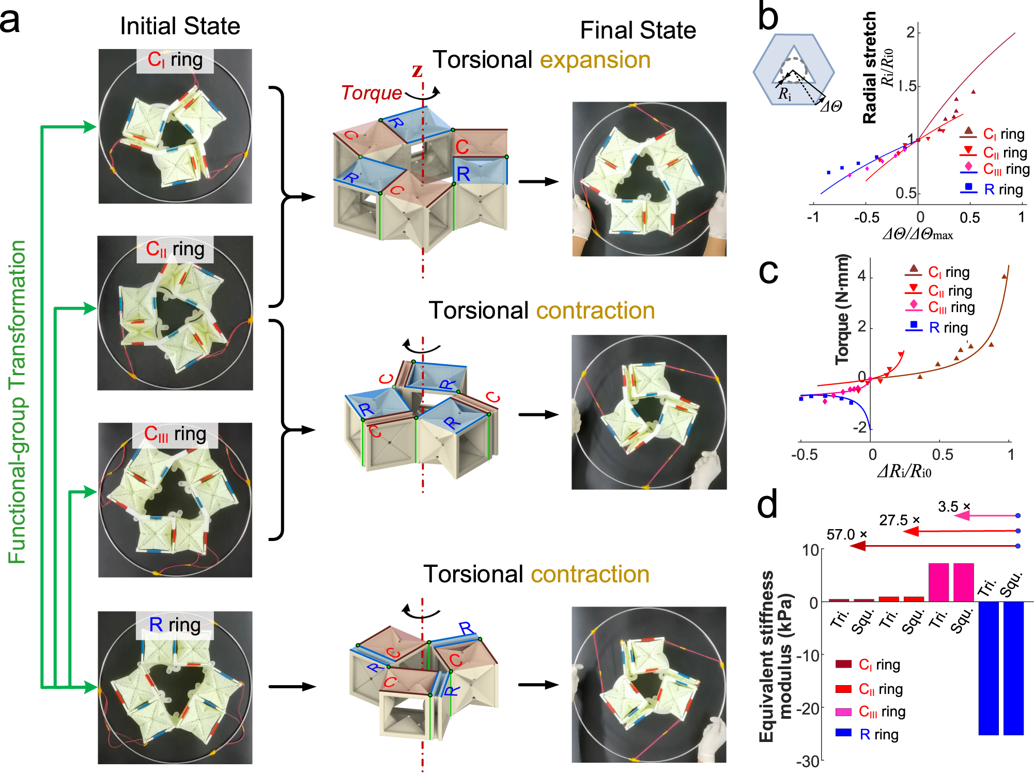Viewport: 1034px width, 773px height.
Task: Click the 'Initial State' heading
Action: coord(180,26)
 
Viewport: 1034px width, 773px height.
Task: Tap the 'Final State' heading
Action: coord(638,30)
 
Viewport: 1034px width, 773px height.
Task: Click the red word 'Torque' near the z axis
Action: coord(371,92)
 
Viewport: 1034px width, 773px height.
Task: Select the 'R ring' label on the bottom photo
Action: coord(175,625)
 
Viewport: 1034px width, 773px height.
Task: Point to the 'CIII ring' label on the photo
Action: coord(175,434)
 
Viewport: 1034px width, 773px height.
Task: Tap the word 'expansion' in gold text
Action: coord(595,60)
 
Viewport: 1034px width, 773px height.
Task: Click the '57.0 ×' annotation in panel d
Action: coord(846,534)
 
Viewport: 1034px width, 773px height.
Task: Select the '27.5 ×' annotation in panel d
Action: coord(899,520)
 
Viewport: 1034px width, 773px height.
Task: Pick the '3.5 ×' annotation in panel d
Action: coord(954,506)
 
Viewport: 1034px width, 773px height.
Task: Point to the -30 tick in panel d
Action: coord(807,761)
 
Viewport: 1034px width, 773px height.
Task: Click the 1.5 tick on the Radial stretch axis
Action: coord(906,86)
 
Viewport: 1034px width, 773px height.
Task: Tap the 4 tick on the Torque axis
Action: coord(861,276)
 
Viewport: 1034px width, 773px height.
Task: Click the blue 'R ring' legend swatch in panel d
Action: coord(843,733)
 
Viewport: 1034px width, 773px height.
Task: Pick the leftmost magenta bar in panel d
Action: coord(938,582)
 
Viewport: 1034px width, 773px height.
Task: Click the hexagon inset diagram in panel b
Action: coord(793,70)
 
